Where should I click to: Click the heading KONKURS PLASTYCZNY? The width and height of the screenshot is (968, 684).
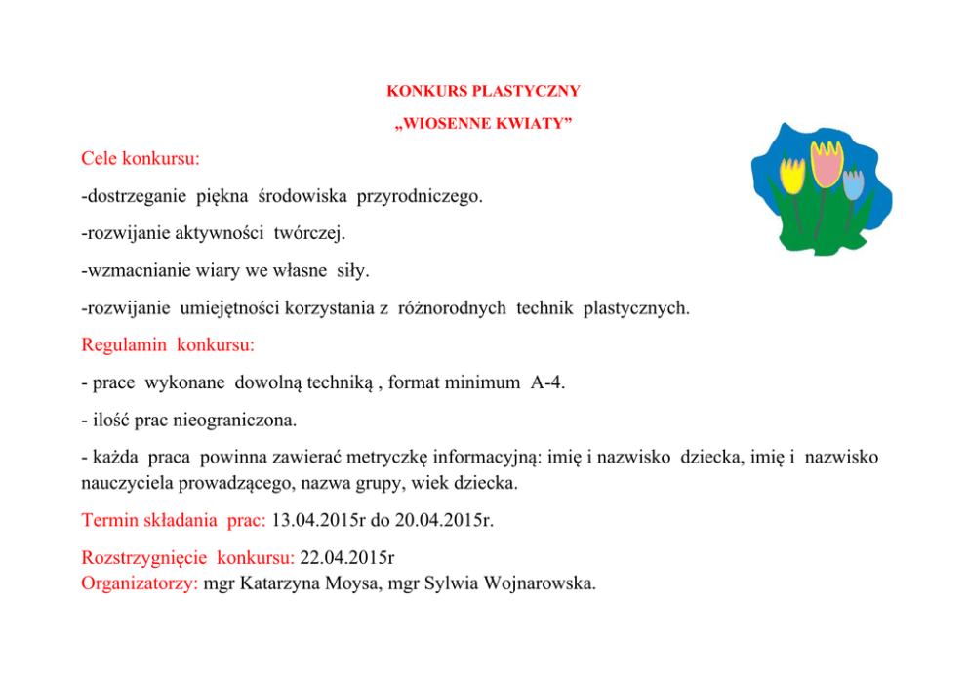483,91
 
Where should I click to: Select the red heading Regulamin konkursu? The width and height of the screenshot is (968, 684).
168,345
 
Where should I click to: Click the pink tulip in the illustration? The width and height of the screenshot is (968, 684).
828,165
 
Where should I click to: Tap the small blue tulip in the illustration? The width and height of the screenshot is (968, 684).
854,184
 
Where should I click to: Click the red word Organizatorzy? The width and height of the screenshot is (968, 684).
141,584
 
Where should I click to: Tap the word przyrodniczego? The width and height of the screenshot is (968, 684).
420,197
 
